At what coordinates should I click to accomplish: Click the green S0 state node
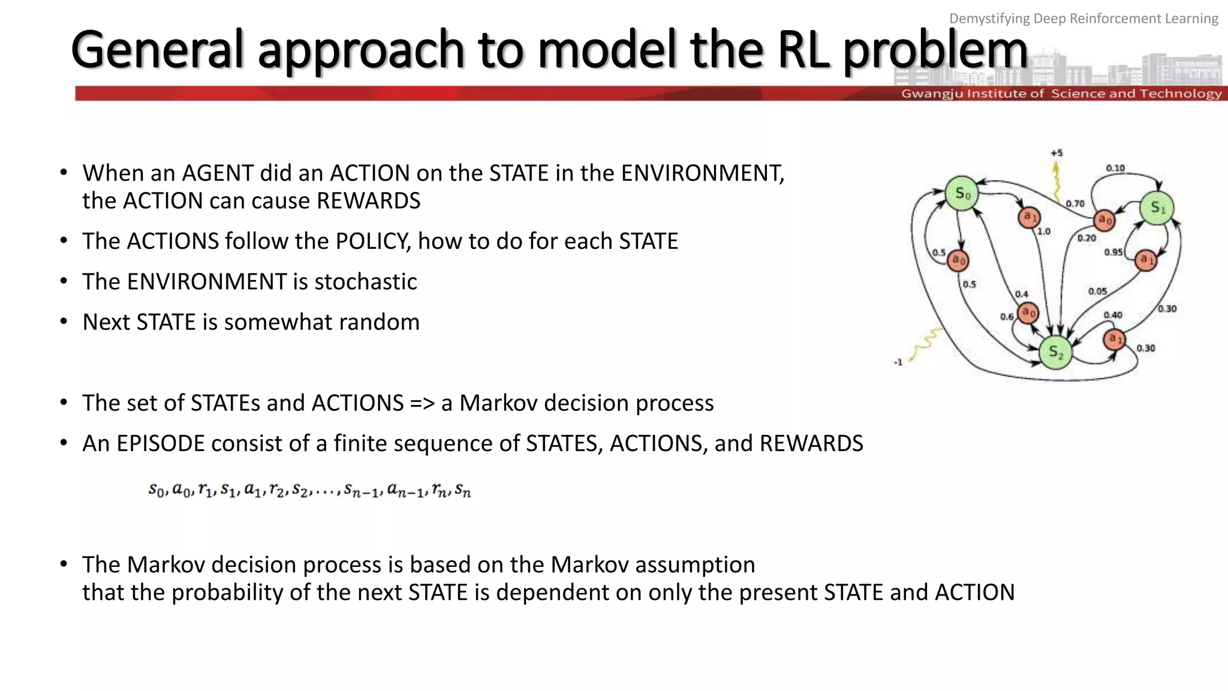tap(962, 193)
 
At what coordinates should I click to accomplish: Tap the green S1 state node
tap(1157, 208)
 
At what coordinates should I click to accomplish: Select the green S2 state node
tap(1055, 353)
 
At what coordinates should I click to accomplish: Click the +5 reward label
tap(1057, 153)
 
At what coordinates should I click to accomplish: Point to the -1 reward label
tap(898, 362)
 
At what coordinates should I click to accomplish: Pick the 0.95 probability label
tap(1113, 252)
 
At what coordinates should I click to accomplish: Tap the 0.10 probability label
tap(1115, 168)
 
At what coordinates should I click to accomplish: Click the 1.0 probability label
tap(1044, 231)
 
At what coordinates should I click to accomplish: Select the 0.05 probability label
tap(1097, 292)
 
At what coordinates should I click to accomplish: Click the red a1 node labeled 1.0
tap(1029, 217)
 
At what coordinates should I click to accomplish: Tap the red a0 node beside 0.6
tap(1028, 313)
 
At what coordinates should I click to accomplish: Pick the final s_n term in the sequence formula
tap(463, 491)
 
